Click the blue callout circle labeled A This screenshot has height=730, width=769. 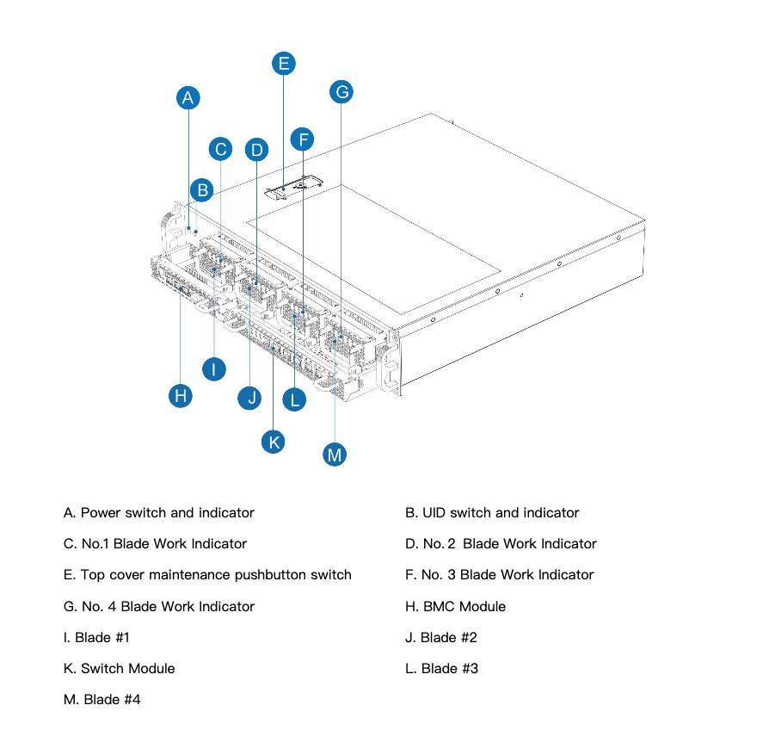(188, 98)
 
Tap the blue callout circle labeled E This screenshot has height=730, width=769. (283, 63)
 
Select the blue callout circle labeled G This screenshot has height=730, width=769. (341, 91)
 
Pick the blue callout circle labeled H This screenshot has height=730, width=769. (180, 395)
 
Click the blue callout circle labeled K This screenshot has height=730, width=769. (274, 442)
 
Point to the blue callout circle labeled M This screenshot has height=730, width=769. (335, 455)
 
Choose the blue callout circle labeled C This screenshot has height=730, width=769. (221, 150)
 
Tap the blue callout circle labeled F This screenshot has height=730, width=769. (302, 139)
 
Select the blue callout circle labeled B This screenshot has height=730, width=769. (201, 190)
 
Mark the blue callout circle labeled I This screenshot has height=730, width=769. (213, 369)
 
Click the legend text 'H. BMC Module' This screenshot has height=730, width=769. (455, 606)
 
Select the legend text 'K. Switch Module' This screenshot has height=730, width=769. (119, 668)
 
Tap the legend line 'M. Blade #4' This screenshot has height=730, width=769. (102, 699)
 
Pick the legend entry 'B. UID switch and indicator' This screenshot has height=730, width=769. (492, 513)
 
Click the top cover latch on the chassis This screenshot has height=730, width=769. (292, 187)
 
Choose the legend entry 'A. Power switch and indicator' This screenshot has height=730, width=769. (158, 513)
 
